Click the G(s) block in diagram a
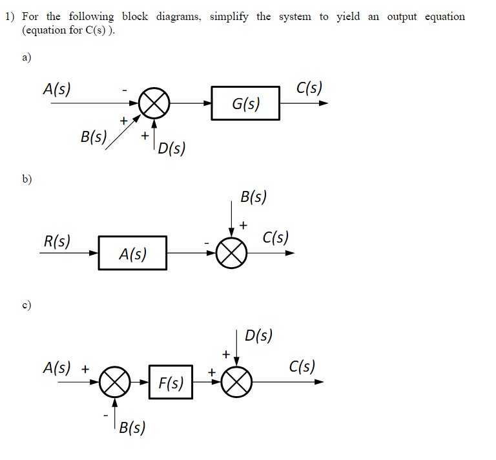[x=245, y=103]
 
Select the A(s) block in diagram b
[x=132, y=254]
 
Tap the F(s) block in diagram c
[x=170, y=383]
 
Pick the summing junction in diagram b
[x=232, y=254]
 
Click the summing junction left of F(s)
[x=114, y=382]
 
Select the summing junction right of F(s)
[x=236, y=382]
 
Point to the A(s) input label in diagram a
[x=57, y=89]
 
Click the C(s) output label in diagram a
[x=309, y=87]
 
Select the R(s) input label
[x=57, y=241]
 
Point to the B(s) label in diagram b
[x=253, y=197]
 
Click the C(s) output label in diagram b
[x=276, y=238]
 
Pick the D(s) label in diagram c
[x=259, y=335]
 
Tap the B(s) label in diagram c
[x=132, y=426]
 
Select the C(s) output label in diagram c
[x=302, y=367]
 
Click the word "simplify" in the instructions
[x=229, y=17]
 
